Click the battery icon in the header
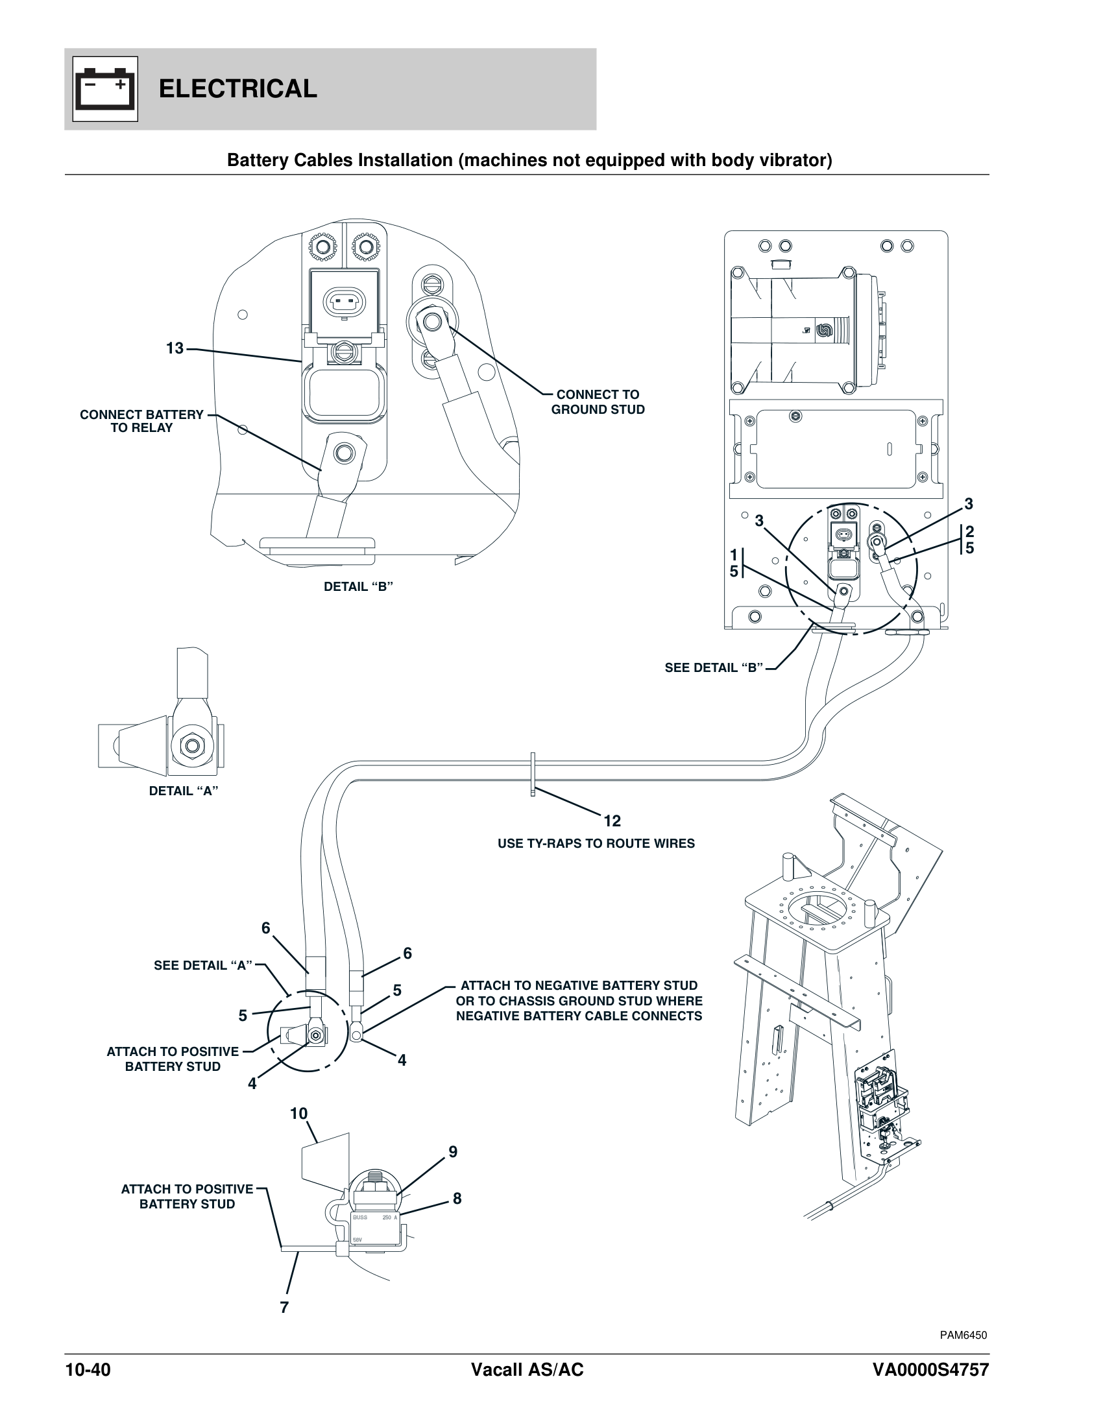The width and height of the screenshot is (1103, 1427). coord(105,89)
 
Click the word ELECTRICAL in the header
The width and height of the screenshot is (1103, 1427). coord(238,89)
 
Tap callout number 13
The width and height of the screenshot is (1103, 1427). coord(175,348)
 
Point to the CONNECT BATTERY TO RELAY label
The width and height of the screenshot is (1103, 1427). coord(142,422)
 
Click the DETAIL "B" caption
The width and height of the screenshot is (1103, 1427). coord(358,587)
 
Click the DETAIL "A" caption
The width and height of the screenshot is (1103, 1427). coord(183,791)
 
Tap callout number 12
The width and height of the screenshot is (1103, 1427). coord(612,821)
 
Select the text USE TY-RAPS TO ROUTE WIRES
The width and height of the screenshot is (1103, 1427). coord(596,843)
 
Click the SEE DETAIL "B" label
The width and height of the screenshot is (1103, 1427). coord(714,667)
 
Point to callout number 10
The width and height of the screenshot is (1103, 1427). coord(298,1113)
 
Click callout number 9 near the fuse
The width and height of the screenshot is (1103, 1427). coord(453,1152)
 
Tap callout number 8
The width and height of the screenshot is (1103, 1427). coord(457,1198)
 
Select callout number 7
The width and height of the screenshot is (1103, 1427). coord(284,1308)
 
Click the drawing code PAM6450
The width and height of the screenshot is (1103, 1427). coord(963,1335)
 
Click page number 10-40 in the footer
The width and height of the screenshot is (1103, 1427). coord(88,1369)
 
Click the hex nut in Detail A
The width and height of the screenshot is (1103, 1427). coord(192,745)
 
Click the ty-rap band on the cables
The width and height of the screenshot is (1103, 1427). coord(533,774)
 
